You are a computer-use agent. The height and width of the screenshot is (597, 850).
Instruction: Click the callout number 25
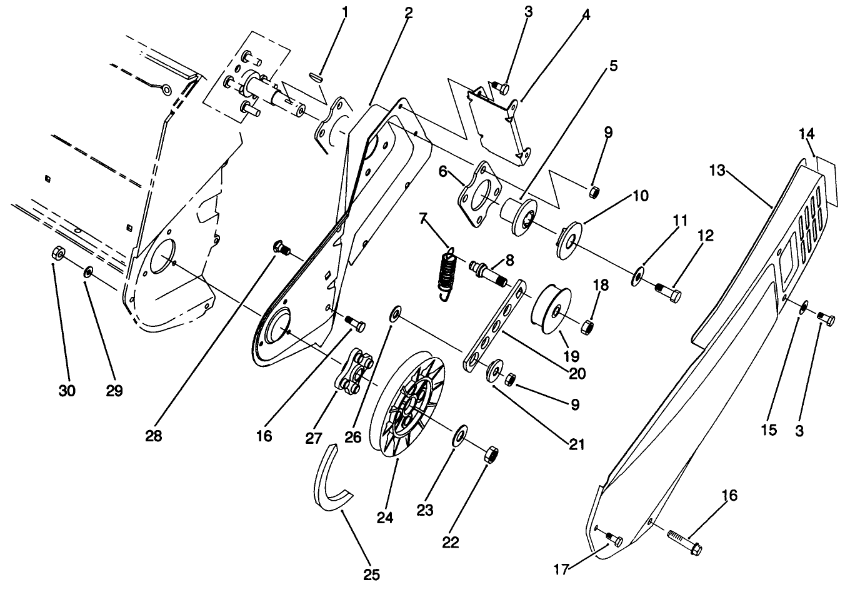(371, 574)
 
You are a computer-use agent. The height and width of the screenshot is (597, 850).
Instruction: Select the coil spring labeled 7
(444, 275)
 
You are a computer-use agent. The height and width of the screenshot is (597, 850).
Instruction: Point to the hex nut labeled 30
(57, 254)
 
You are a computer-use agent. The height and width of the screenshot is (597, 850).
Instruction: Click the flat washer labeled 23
(461, 434)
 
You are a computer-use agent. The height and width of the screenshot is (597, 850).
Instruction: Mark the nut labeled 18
(587, 326)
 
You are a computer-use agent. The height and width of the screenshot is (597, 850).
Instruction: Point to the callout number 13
(717, 170)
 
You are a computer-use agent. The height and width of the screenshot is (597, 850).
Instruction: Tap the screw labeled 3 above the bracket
(499, 88)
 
